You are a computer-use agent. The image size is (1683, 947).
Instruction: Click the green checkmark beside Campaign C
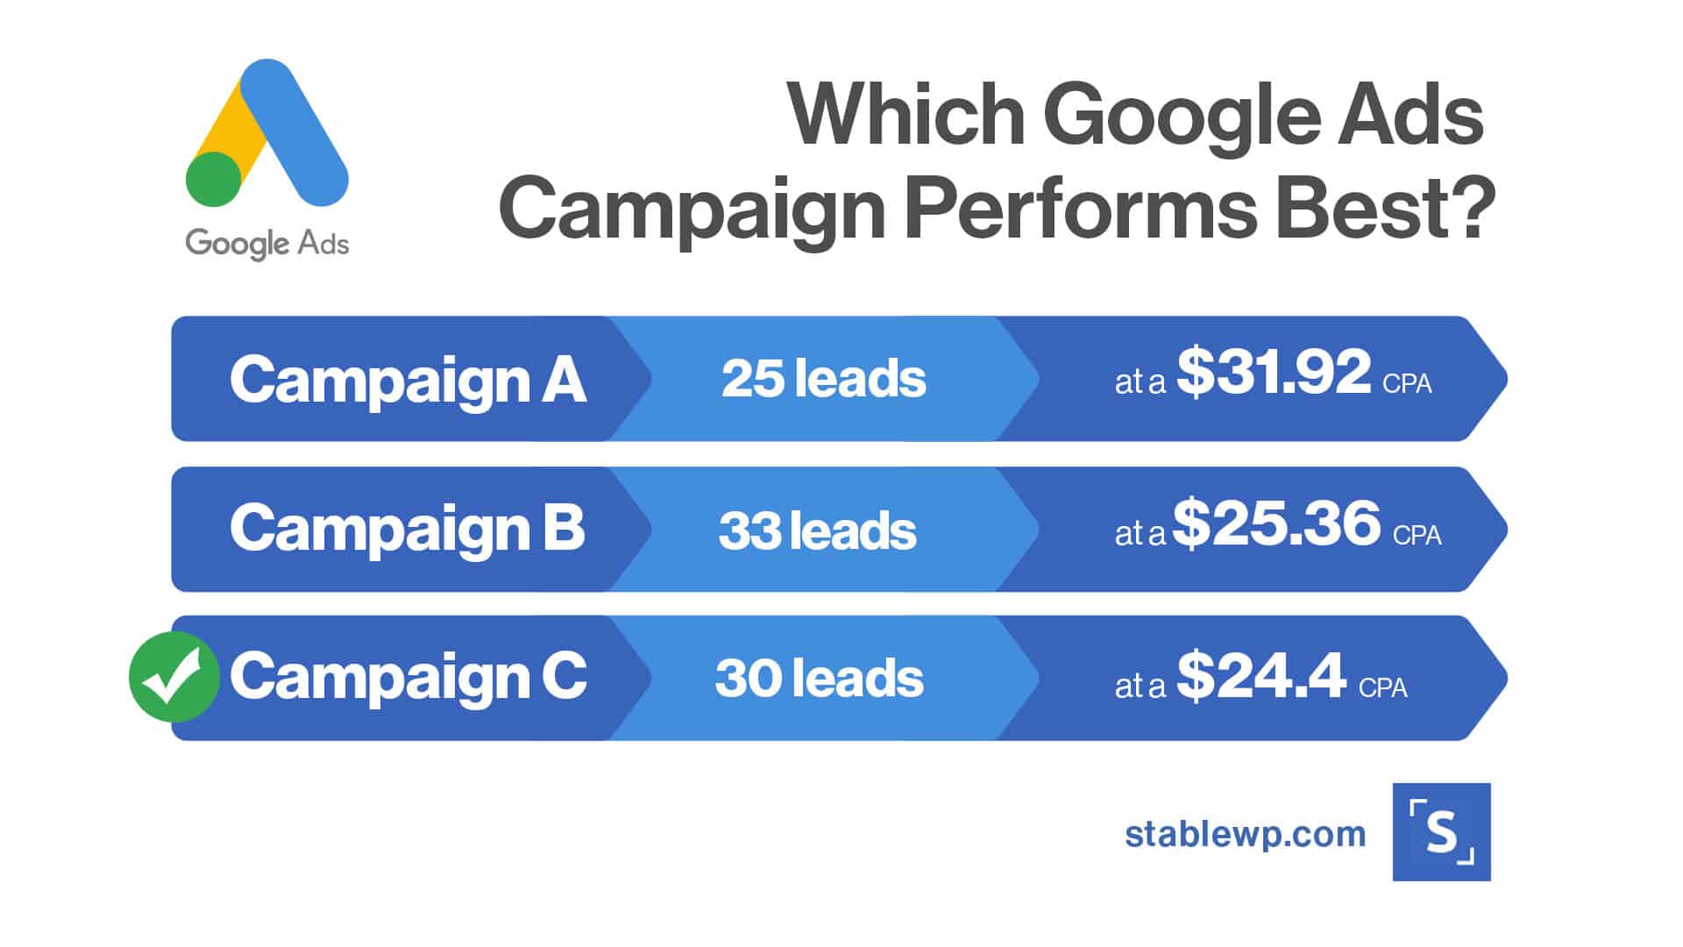click(174, 677)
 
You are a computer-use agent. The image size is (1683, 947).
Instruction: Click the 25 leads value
click(823, 379)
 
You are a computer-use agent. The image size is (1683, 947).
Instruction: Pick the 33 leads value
click(817, 530)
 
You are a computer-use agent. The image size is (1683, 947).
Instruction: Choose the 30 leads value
click(819, 678)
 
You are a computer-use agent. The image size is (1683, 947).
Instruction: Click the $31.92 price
click(1274, 372)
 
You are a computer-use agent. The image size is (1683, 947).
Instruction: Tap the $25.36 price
click(1276, 523)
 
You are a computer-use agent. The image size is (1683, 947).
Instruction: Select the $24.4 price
click(1260, 675)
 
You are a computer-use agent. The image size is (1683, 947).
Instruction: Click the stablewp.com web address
click(1246, 834)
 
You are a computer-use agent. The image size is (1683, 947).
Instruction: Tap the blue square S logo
click(1441, 831)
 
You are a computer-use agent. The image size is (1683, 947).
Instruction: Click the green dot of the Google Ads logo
click(214, 179)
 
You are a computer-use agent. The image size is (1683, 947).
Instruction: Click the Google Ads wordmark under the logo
click(267, 244)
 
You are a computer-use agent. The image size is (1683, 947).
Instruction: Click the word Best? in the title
click(1385, 209)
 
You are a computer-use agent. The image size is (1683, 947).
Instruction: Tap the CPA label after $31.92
click(1407, 384)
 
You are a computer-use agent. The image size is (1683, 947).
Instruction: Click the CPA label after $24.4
click(1383, 687)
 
